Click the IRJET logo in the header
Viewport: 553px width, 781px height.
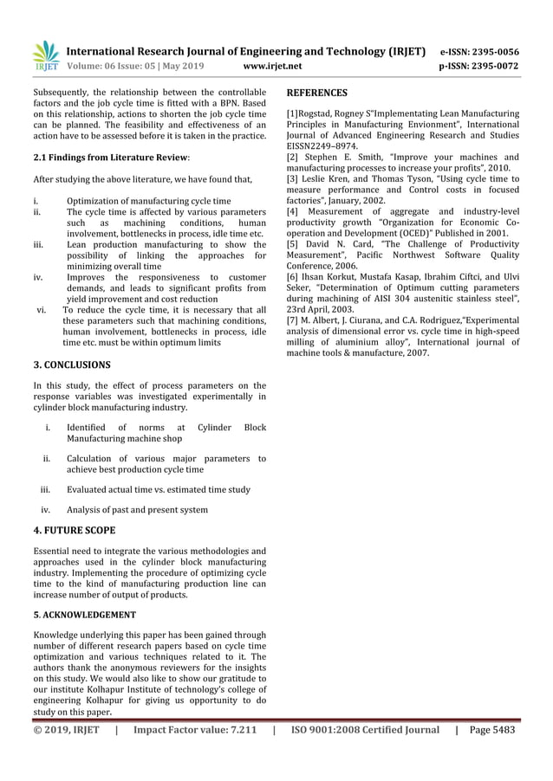coord(44,56)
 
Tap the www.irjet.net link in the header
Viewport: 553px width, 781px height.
coord(273,65)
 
